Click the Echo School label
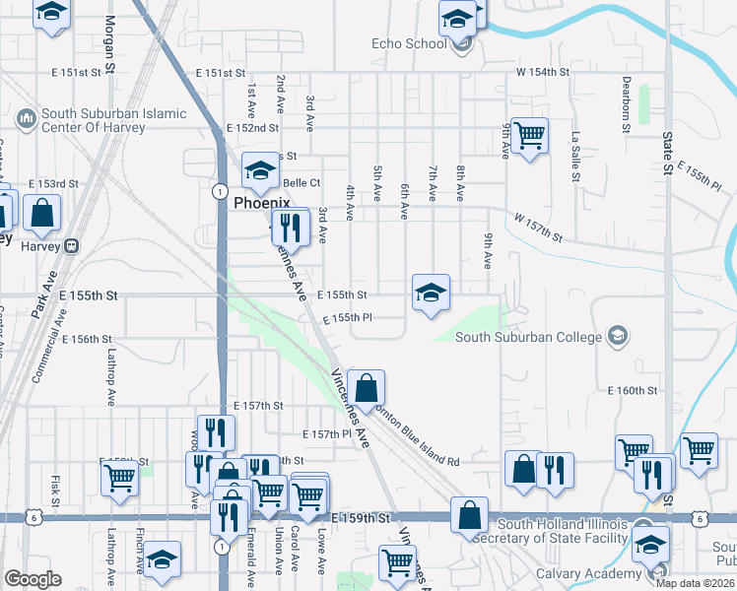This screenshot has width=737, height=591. (x=409, y=43)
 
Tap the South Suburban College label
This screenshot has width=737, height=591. (x=528, y=337)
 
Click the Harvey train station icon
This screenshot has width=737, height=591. (x=71, y=245)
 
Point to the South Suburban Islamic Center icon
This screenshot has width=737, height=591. (x=26, y=119)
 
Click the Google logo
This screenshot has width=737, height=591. (x=33, y=579)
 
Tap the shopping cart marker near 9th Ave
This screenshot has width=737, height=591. (x=529, y=137)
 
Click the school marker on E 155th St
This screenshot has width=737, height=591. (x=431, y=293)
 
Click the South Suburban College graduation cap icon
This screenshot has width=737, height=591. (x=617, y=337)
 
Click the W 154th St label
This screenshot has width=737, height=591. (x=544, y=72)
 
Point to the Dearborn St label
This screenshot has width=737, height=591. (x=626, y=105)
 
